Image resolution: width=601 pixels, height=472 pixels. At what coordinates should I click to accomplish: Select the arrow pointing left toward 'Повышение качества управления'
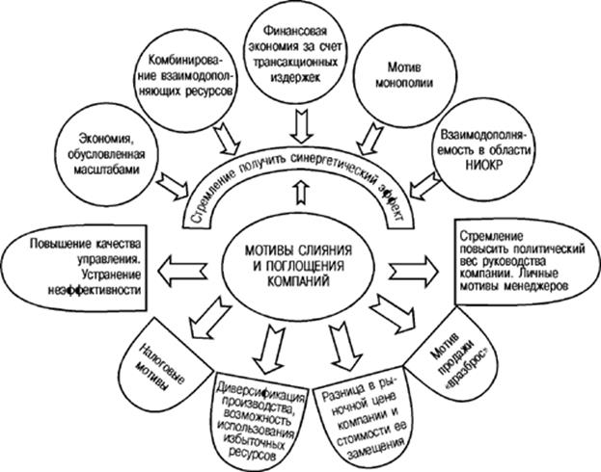[x=182, y=267]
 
